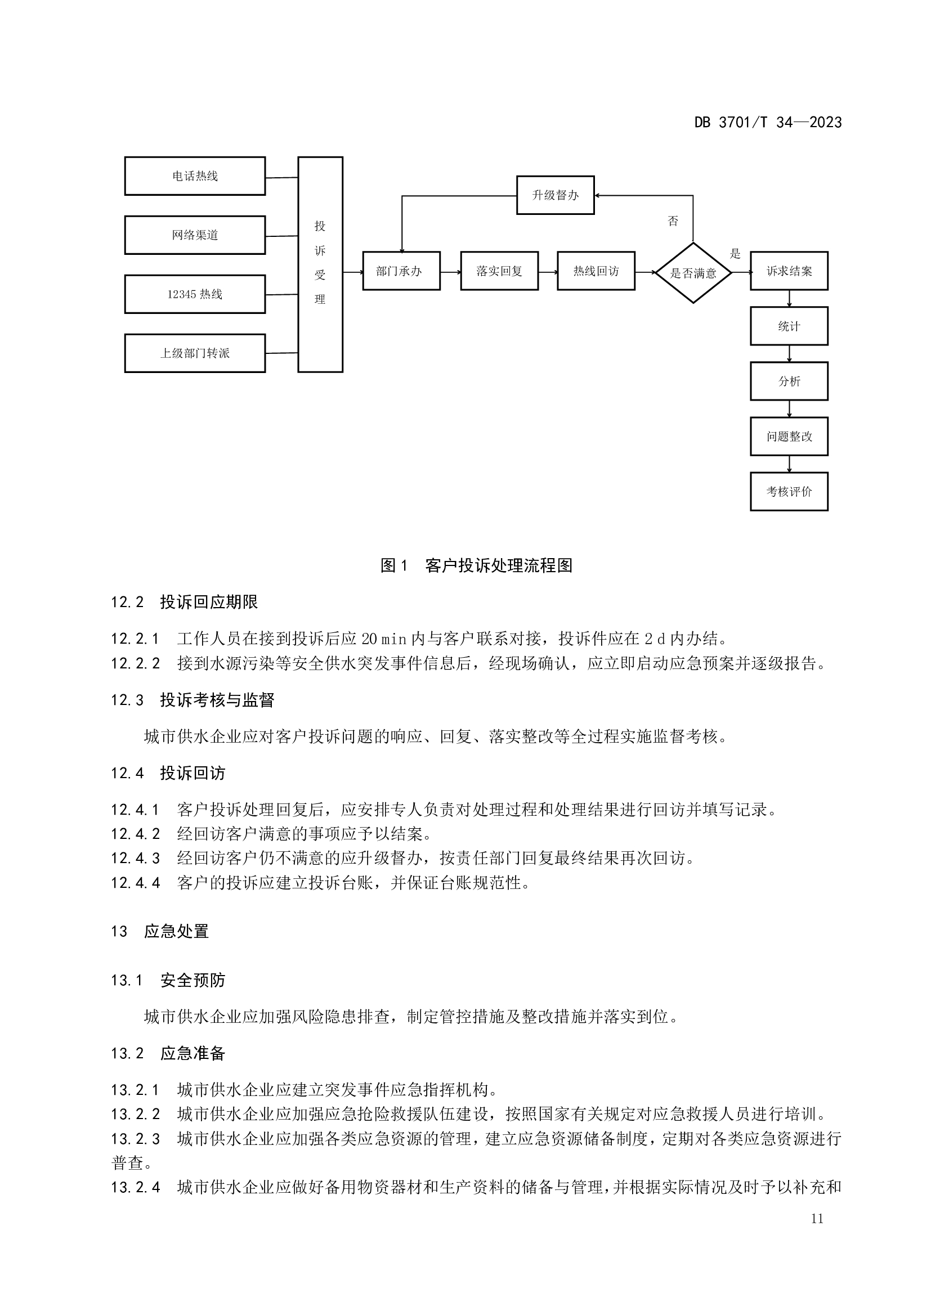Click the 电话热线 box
pos(195,176)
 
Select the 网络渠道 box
pos(195,235)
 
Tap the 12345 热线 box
pos(195,294)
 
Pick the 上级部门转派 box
pos(195,353)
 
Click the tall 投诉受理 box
pos(320,264)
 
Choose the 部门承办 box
pos(401,271)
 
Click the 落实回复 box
pos(499,271)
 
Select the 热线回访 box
pos(596,271)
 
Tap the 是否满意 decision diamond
pos(693,273)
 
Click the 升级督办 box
pos(556,195)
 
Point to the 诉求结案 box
pos(789,271)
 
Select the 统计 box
pos(789,326)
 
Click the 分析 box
pos(789,381)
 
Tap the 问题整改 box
pos(789,436)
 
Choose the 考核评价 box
pos(789,491)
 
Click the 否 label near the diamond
pos(673,221)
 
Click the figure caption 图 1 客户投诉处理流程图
pos(476,565)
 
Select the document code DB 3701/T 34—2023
pos(768,123)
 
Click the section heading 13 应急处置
pos(160,931)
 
